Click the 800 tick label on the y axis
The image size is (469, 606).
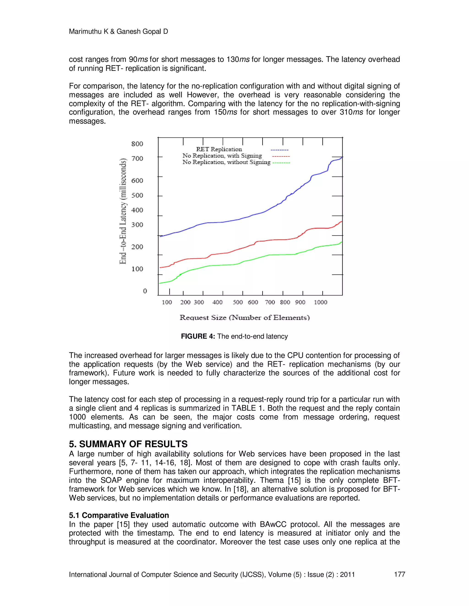[x=137, y=144]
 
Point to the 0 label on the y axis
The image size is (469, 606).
[x=145, y=291]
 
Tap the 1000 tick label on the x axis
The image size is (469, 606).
[x=320, y=302]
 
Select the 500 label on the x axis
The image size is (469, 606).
[x=237, y=302]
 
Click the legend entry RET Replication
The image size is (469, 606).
[x=219, y=149]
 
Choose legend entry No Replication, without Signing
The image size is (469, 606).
[x=226, y=162]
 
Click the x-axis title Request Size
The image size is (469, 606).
[x=245, y=317]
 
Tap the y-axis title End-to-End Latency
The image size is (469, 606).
[x=123, y=211]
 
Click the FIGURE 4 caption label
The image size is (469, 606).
[x=198, y=336]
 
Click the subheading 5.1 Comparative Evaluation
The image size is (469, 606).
[x=119, y=515]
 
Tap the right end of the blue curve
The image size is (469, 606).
[x=341, y=157]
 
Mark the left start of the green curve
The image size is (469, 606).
[x=159, y=283]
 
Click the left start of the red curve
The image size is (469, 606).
[x=160, y=268]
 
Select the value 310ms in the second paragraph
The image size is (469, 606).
[x=351, y=112]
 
